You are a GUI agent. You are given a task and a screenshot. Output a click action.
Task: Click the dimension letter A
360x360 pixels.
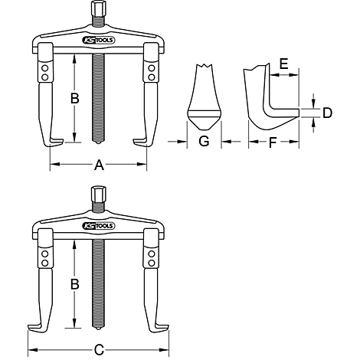[x=99, y=165]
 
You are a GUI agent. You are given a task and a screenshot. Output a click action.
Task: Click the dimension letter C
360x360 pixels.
[x=99, y=350]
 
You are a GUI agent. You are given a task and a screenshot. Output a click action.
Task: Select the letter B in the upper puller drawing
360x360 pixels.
[x=74, y=98]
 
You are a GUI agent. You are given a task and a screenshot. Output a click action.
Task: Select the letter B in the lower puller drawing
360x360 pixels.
[x=74, y=284]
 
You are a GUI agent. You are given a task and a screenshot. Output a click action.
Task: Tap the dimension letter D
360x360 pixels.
[x=327, y=113]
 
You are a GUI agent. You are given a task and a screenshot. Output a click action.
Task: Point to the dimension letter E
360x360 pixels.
[x=283, y=64]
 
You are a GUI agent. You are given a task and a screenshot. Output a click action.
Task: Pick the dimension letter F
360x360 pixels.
[x=273, y=142]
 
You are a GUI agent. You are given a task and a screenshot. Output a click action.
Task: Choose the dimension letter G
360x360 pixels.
[x=204, y=141]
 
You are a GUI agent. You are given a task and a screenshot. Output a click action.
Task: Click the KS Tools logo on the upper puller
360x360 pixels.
[x=99, y=40]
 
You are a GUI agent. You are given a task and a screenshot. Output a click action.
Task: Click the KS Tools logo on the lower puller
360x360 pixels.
[x=99, y=226]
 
